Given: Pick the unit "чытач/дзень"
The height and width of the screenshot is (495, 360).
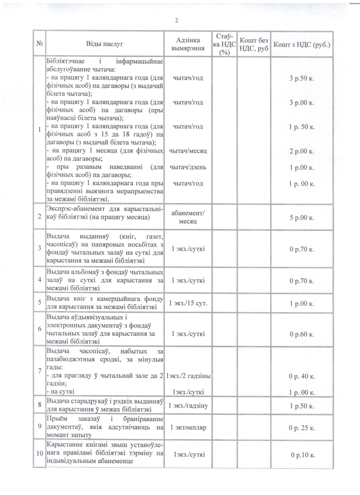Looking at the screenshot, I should tap(188, 167).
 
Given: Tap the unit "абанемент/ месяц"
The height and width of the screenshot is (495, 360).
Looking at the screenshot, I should tap(188, 217).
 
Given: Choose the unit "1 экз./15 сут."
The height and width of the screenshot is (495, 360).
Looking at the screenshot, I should tap(188, 304).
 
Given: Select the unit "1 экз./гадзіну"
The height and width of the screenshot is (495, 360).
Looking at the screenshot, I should tap(188, 406).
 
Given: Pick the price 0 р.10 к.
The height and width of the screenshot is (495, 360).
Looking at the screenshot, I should tap(303, 455).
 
